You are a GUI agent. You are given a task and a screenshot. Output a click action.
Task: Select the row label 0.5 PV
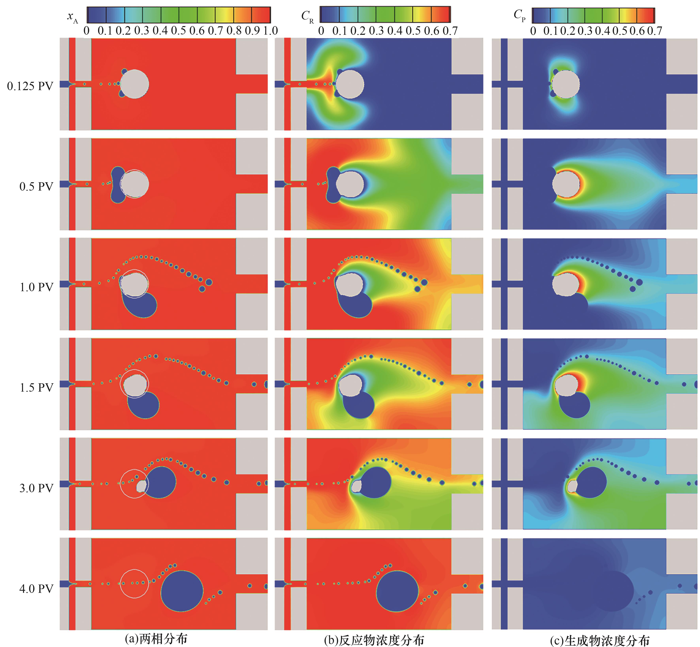[36, 186]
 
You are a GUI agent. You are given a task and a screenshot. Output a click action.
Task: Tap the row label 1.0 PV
[36, 287]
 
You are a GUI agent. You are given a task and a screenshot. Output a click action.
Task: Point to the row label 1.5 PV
[36, 388]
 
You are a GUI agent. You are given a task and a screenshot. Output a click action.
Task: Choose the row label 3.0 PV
[36, 488]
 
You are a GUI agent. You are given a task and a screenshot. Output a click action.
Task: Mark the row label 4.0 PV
[36, 588]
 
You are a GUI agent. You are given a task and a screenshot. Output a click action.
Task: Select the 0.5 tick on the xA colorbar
[178, 31]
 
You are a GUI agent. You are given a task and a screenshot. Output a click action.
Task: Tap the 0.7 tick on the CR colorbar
[450, 31]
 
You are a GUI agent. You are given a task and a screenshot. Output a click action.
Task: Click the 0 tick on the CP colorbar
[533, 31]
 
